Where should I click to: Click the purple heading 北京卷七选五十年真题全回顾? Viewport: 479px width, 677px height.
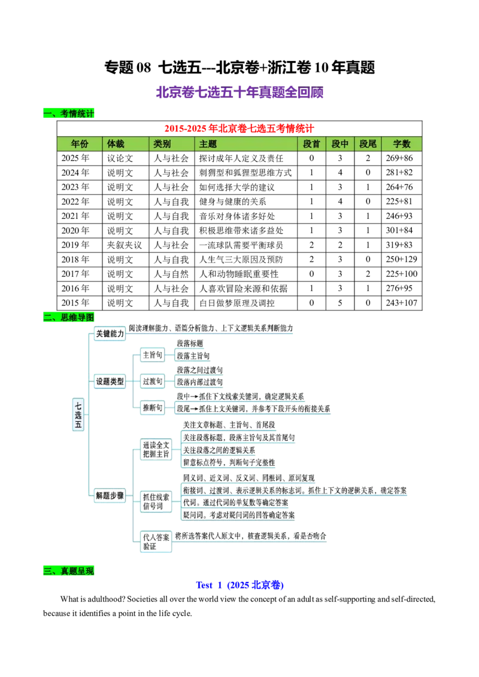tap(239, 92)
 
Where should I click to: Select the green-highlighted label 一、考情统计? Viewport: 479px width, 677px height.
tap(68, 114)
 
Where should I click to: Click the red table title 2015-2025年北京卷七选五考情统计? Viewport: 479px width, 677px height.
tap(239, 128)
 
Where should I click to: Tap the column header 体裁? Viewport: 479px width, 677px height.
tap(116, 144)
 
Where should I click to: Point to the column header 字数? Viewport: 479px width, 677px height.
tap(401, 144)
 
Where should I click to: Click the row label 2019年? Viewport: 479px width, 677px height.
tap(75, 245)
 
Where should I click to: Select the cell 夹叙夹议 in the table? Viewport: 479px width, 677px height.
tap(125, 245)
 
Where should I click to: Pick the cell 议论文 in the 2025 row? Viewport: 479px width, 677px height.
tap(120, 158)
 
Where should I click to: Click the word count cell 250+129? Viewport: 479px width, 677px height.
tap(401, 259)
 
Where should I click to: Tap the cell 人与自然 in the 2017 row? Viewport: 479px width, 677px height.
tap(171, 274)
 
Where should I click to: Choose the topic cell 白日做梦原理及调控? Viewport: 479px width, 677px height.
tap(237, 303)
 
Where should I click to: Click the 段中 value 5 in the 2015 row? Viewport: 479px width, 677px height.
tap(340, 303)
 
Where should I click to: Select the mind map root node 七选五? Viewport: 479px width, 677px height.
tap(78, 414)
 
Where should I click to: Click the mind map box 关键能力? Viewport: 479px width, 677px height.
tap(110, 333)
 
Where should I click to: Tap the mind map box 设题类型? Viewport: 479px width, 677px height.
tap(110, 381)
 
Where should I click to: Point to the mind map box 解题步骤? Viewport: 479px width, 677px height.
tap(110, 495)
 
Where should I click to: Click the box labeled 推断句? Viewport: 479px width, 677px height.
tap(153, 408)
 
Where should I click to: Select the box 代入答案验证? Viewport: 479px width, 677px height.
tap(156, 541)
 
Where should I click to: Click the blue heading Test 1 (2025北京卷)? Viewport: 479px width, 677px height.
tap(239, 585)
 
